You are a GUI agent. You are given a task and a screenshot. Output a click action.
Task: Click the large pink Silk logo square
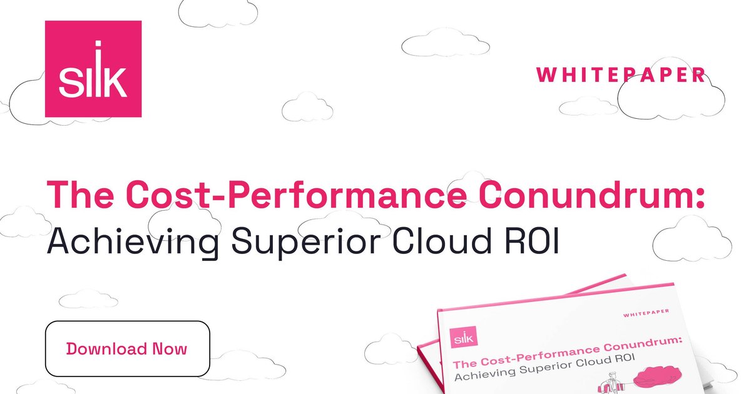point(93,69)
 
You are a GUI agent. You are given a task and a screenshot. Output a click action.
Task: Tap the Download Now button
point(128,348)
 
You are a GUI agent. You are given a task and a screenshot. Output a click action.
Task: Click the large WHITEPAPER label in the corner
point(621,74)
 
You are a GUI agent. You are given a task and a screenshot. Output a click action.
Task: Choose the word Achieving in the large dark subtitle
point(133,242)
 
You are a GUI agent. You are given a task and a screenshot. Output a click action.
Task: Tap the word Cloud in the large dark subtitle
point(442,241)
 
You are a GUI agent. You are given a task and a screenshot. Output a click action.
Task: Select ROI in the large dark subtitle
point(532,241)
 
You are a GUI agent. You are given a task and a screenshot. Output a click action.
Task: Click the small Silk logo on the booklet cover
point(464,337)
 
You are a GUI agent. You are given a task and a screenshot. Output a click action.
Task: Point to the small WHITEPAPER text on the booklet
point(646,313)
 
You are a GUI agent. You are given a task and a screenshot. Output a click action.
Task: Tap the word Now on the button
point(170,349)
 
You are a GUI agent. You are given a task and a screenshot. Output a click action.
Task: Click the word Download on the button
point(106,349)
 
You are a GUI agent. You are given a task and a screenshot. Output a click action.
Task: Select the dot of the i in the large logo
point(98,44)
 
